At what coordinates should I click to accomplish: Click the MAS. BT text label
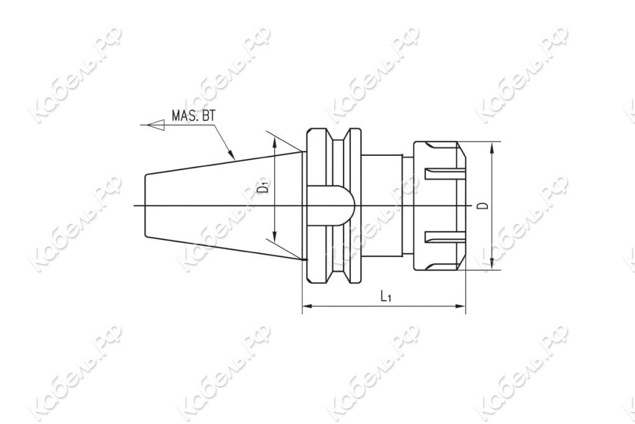(193, 115)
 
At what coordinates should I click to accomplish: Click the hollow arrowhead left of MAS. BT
(156, 125)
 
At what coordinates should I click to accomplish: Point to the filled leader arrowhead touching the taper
(232, 155)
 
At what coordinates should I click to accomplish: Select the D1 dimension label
(264, 187)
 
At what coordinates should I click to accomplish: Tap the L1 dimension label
(385, 297)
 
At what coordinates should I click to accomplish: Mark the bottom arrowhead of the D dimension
(491, 265)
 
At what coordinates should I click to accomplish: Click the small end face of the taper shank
(145, 205)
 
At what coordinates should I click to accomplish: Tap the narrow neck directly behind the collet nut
(407, 205)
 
